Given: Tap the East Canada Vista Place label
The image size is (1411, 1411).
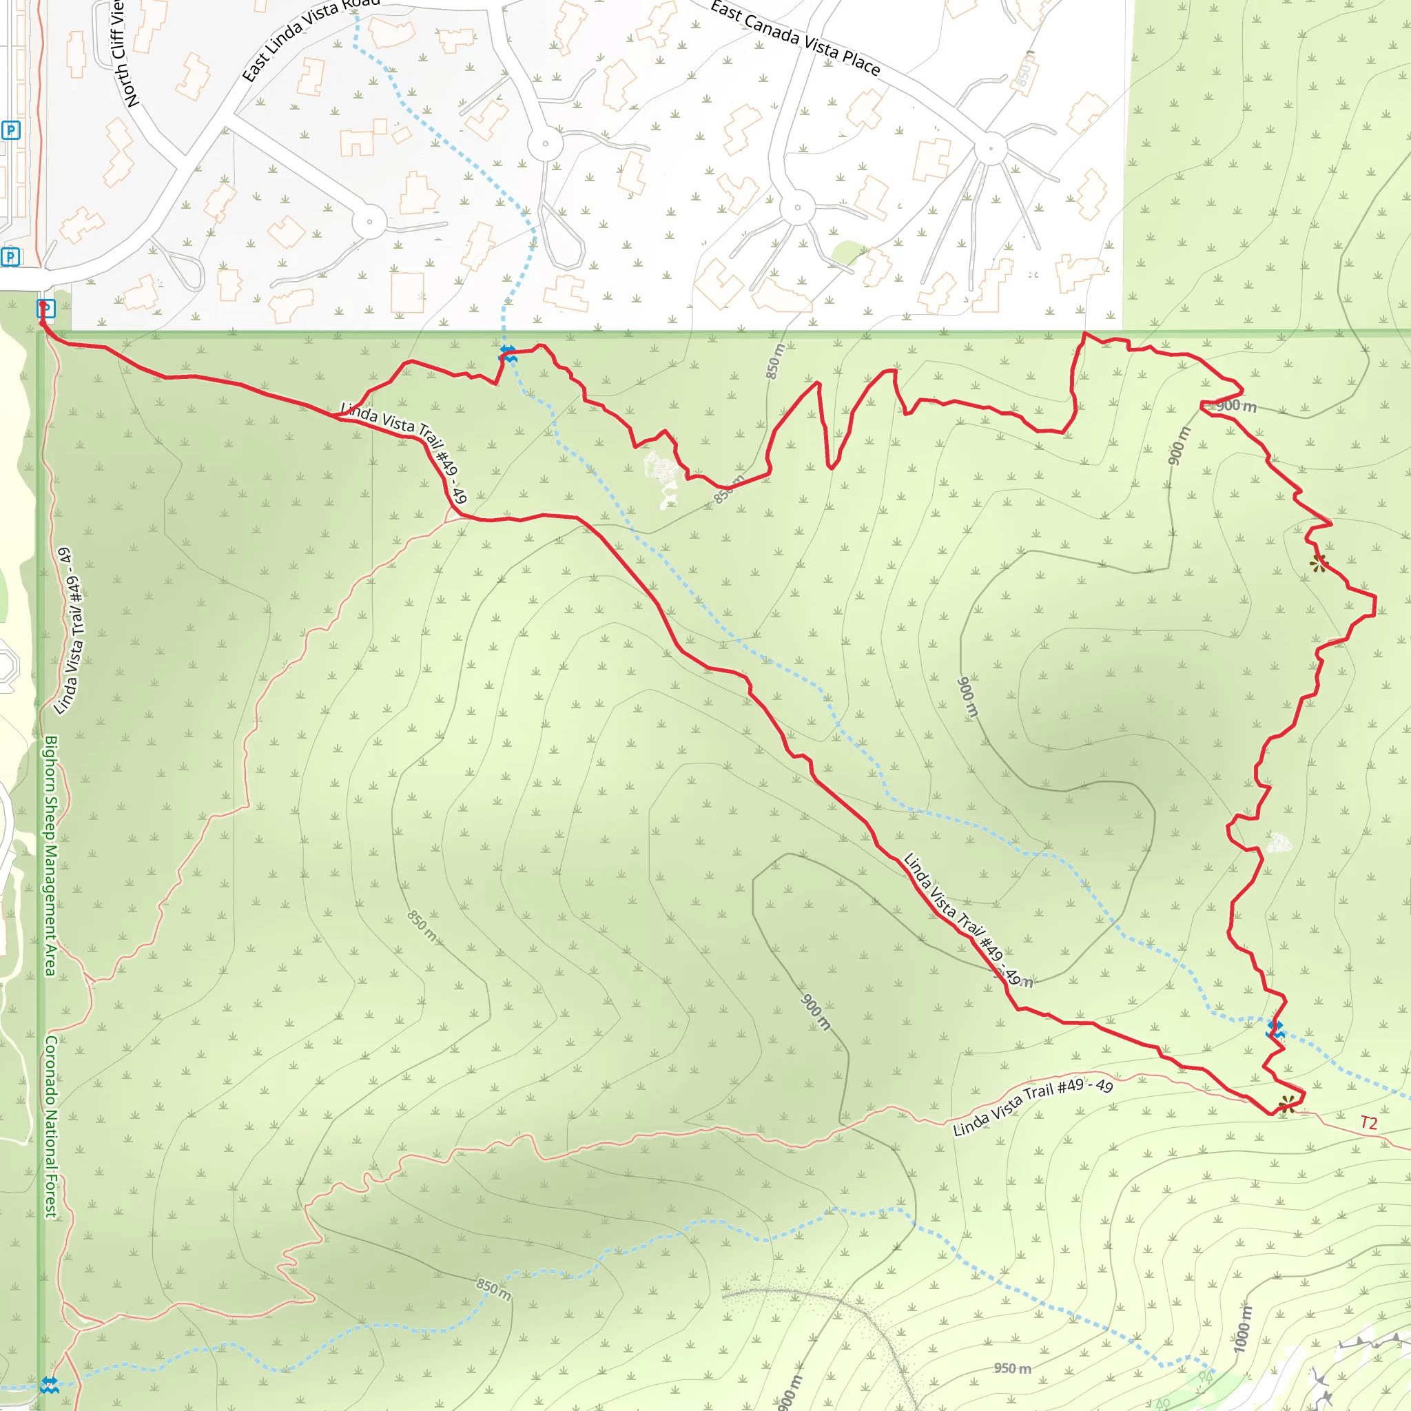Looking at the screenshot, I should click(795, 39).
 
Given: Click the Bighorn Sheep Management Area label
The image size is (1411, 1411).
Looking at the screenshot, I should click(50, 855).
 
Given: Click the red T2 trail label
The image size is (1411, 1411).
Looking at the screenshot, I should click(1369, 1123).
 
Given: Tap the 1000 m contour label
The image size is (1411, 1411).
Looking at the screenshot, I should click(1242, 1328).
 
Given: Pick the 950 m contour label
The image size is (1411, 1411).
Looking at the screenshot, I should click(1012, 1368).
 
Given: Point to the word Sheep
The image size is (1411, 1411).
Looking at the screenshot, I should click(50, 818).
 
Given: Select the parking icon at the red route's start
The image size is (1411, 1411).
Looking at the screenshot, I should click(45, 309).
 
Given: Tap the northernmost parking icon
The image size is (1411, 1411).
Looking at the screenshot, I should click(10, 131).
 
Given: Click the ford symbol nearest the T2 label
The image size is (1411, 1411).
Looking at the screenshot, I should click(1275, 1029).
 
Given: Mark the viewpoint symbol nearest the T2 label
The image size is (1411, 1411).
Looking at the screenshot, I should click(1287, 1104).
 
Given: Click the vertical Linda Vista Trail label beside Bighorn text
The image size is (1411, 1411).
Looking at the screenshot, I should click(70, 631).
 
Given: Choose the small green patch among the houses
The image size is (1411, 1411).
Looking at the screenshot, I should click(847, 252).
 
